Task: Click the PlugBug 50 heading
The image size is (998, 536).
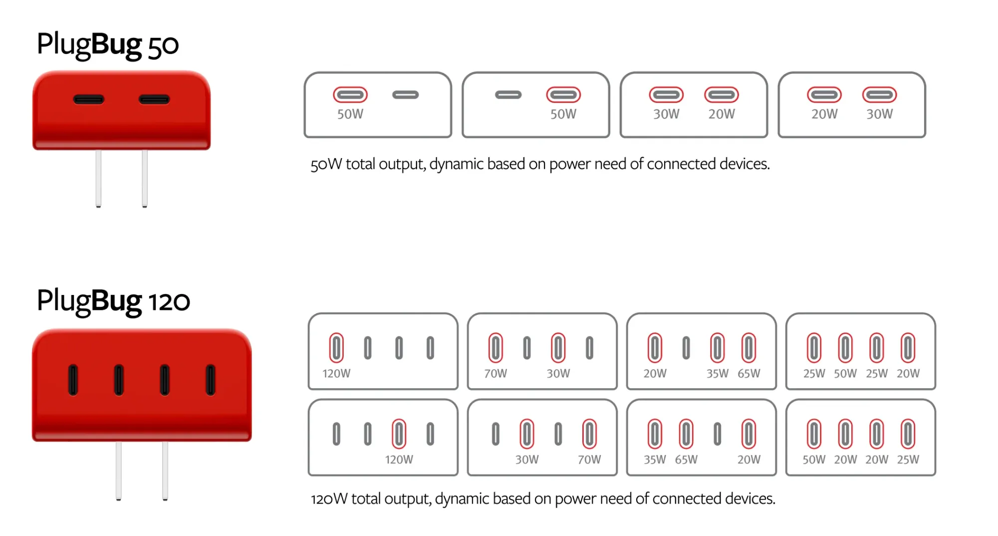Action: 107,45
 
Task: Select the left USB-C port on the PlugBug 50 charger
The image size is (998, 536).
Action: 89,100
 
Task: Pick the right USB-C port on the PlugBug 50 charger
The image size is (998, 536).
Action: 154,100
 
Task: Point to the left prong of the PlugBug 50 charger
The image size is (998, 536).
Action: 98,178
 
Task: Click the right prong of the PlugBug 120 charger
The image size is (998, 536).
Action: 165,470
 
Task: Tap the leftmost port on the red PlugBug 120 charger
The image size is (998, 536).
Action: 73,380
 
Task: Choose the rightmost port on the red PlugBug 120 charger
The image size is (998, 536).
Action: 211,380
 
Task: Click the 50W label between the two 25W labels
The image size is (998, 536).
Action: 845,373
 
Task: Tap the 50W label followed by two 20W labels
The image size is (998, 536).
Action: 814,460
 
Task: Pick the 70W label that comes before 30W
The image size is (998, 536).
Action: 496,373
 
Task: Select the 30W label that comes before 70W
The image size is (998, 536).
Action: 527,460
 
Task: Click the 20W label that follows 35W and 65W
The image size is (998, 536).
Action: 749,460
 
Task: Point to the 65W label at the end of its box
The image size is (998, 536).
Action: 749,373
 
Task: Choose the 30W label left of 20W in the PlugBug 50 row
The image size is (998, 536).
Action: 666,114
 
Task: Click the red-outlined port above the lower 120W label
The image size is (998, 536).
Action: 399,434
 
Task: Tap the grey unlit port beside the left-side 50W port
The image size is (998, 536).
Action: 405,95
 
